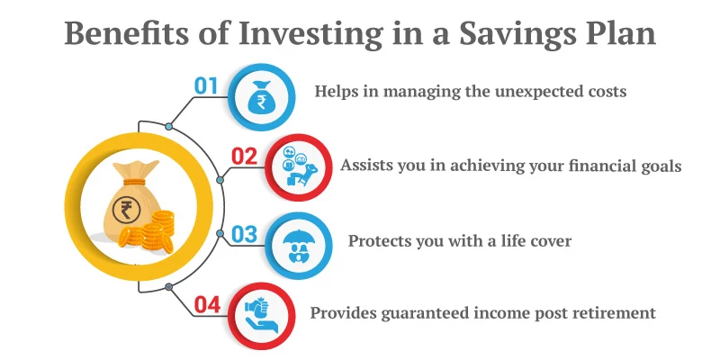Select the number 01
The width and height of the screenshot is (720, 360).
coord(207,87)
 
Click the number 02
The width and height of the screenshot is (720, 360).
coord(245,157)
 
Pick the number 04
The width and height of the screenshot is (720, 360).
coord(208,304)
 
